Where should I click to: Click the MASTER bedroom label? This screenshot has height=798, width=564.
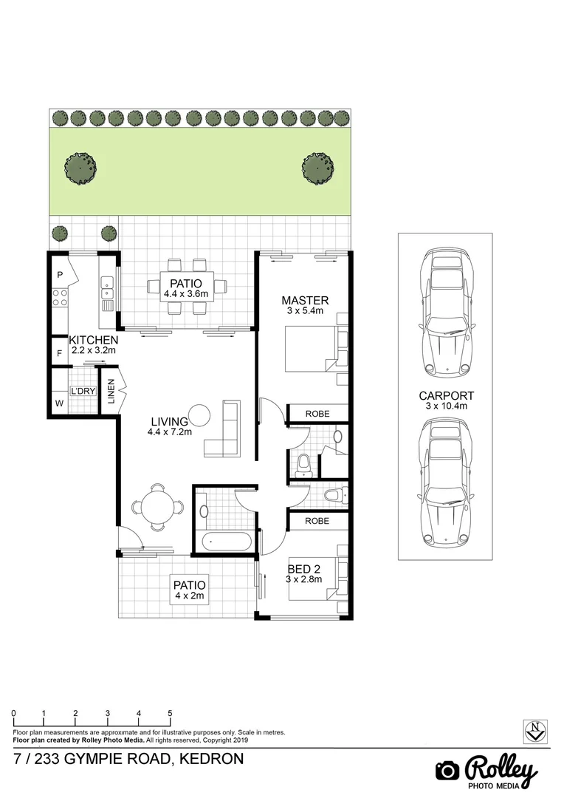305,300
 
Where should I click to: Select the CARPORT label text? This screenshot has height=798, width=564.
446,395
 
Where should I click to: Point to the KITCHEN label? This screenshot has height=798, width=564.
93,340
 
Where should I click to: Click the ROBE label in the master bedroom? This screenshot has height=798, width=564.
317,414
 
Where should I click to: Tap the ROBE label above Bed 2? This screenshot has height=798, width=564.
317,521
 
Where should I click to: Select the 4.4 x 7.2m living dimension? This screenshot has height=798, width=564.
170,432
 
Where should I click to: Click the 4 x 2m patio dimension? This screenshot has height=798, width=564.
188,596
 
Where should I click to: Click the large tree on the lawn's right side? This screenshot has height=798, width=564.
318,168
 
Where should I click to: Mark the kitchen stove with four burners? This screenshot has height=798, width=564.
60,298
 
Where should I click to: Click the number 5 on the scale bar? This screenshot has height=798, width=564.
171,713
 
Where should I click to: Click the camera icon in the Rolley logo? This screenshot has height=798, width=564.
447,770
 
